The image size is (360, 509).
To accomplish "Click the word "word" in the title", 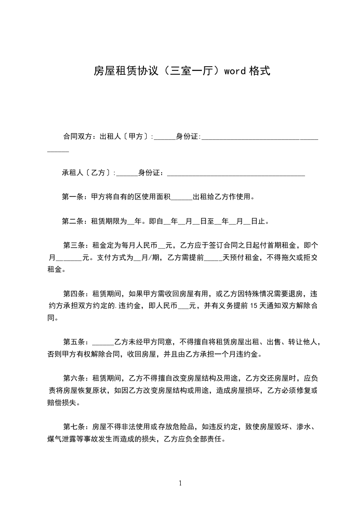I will click(233, 71).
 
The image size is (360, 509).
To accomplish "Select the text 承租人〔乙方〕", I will click(88, 173).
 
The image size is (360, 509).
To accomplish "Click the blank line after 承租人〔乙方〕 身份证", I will click(236, 174).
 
